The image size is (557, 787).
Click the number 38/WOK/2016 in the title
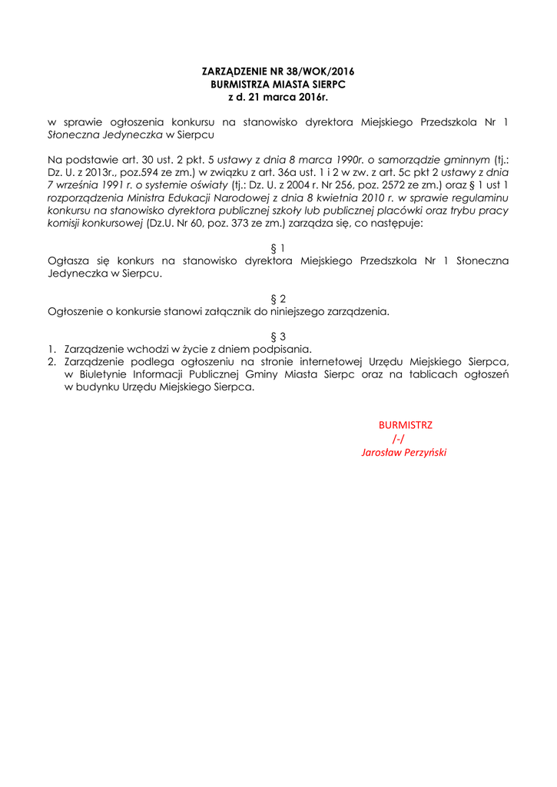point(315,71)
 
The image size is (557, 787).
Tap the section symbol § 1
point(278,248)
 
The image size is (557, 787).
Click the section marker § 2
point(278,299)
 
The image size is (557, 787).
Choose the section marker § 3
point(278,336)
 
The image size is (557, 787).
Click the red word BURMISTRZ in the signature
point(405,425)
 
